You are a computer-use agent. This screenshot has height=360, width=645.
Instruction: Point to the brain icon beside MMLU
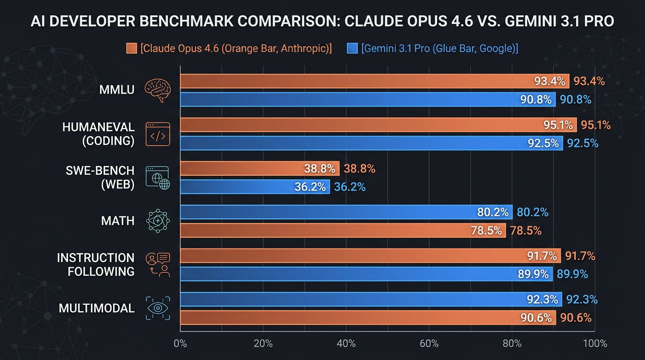157,89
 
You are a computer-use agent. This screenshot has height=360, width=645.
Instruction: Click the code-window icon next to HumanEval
157,135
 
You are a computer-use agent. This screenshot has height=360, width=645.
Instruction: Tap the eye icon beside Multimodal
157,308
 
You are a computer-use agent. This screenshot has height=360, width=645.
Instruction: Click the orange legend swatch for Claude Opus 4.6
132,48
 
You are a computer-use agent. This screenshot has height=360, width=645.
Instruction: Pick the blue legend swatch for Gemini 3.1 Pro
352,48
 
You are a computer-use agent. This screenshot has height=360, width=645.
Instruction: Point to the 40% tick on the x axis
346,344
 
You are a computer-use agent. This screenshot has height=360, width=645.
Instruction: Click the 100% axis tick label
595,344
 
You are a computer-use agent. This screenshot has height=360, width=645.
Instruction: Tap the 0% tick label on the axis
180,344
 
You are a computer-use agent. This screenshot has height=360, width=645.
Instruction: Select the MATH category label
118,221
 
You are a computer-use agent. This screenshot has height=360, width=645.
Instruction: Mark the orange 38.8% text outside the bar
359,169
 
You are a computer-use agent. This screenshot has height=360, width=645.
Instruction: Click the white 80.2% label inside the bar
493,212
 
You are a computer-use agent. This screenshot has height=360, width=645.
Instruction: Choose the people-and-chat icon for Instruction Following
157,264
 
